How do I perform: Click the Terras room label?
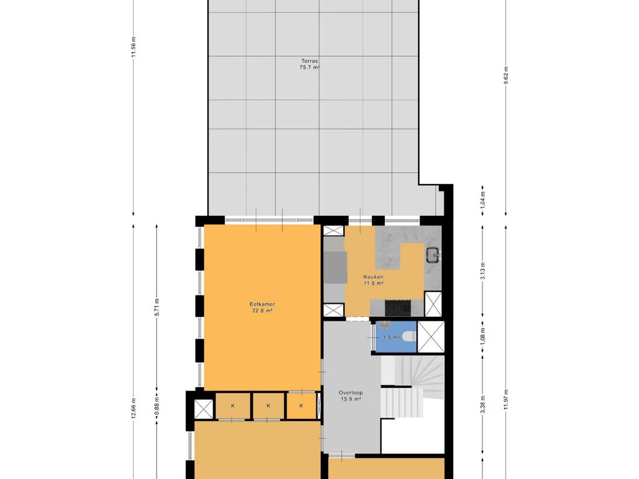[310, 60]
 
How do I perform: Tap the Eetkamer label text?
[262, 304]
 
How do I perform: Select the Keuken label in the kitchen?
[373, 277]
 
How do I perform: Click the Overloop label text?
[351, 393]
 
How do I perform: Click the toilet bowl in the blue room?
[408, 337]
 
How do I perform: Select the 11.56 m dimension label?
[134, 47]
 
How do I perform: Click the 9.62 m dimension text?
[505, 75]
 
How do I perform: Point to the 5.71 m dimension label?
[157, 307]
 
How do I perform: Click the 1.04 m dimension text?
[482, 200]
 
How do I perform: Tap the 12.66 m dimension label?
[134, 409]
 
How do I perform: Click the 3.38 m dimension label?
[482, 404]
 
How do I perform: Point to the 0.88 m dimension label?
[157, 408]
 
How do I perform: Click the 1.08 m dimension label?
[482, 336]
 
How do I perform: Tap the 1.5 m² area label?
[391, 337]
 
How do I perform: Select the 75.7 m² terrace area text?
[310, 67]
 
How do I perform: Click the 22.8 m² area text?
[262, 311]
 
